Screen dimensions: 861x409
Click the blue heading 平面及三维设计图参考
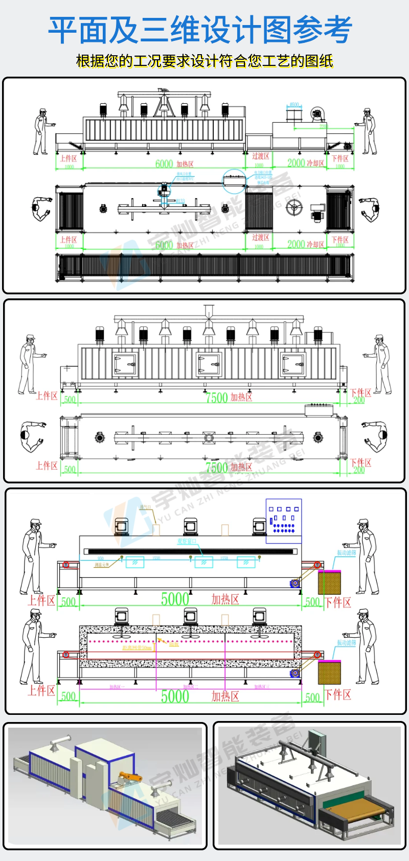200,30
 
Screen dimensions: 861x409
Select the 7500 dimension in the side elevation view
216,398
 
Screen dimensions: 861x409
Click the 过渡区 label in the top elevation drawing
261,156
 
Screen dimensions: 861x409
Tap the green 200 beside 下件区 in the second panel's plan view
359,470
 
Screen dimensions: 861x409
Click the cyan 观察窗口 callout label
187,541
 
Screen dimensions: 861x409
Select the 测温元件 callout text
101,565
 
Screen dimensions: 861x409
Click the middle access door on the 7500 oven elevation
209,363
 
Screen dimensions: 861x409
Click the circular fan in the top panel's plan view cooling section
294,207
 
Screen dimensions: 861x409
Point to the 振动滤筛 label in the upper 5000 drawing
346,553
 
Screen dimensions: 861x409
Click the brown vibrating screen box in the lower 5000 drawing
329,672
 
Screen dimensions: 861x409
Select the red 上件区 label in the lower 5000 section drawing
41,691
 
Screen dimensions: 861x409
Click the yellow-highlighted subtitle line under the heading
204,61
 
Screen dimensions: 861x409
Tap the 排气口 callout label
145,507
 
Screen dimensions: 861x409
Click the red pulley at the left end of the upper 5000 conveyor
65,565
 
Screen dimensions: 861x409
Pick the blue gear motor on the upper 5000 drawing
294,583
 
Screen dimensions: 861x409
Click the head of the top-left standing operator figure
43,111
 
